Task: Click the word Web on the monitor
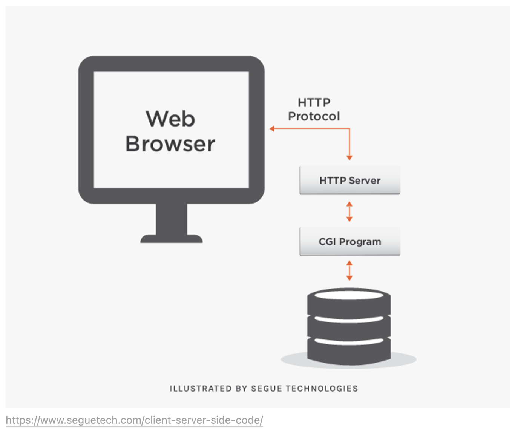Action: coord(170,119)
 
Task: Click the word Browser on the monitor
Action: coord(170,144)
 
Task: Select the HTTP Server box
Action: coord(349,181)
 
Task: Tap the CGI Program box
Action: coord(349,242)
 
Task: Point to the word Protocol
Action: coord(314,116)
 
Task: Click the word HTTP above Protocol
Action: coord(314,103)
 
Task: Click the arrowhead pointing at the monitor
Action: coord(272,129)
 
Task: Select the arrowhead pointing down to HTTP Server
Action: coord(349,158)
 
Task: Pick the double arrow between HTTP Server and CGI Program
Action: coord(349,211)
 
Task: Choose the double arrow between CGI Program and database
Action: coord(349,270)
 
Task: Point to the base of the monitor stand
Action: coord(172,239)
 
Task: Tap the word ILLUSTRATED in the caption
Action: coord(201,389)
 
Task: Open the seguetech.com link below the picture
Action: coord(134,420)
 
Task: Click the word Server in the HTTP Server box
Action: coord(365,181)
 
